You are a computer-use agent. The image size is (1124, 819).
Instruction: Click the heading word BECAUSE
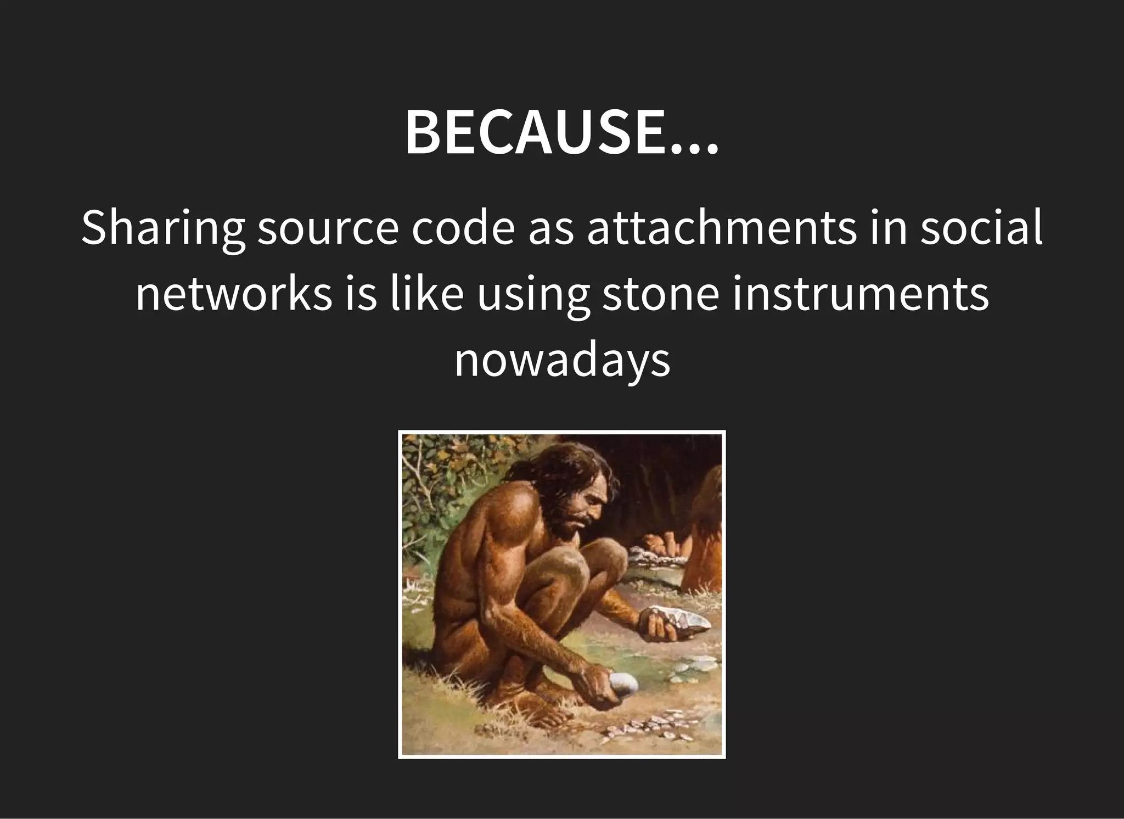(x=535, y=134)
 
